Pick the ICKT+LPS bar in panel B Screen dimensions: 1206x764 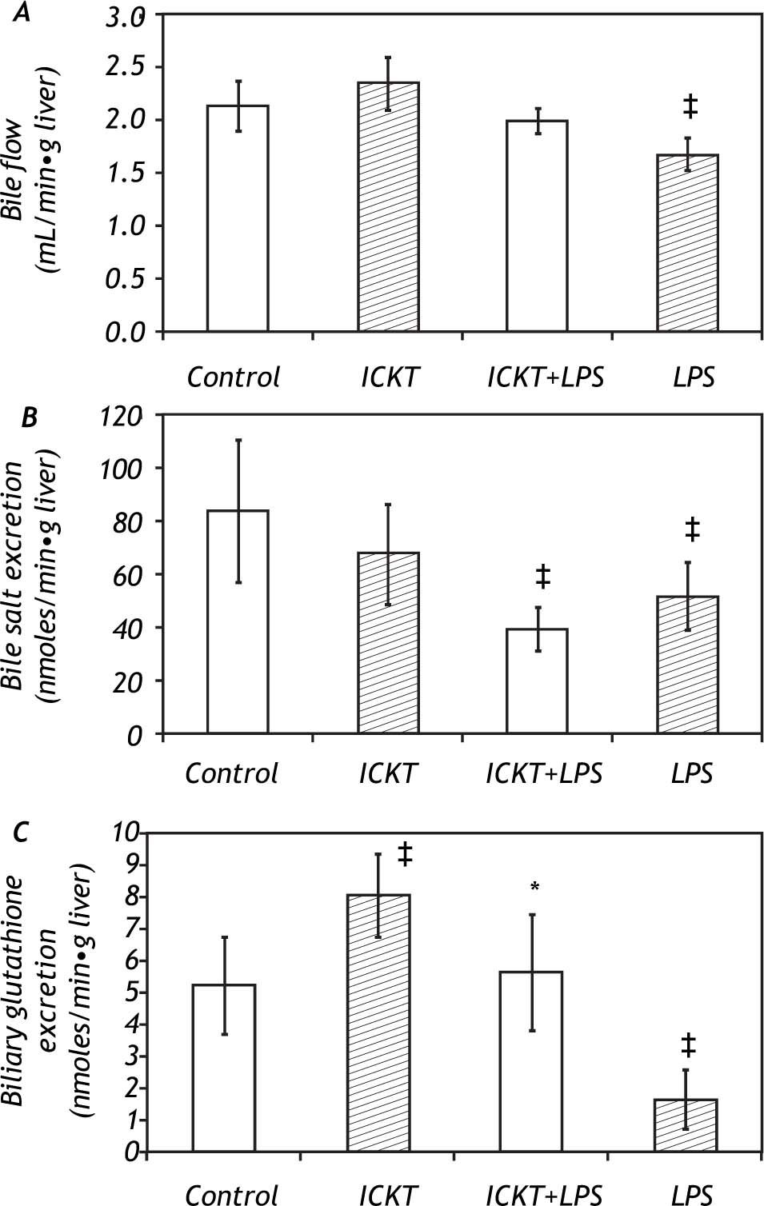pyautogui.click(x=538, y=681)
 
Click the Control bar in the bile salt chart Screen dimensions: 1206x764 pyautogui.click(x=238, y=621)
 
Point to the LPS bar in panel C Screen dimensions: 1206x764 pyautogui.click(x=686, y=1125)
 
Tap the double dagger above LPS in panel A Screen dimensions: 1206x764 pyautogui.click(x=690, y=106)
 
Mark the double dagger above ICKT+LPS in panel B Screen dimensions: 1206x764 pyautogui.click(x=542, y=576)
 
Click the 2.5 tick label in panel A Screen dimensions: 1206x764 pyautogui.click(x=125, y=67)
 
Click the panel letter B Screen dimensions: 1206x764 pyautogui.click(x=29, y=417)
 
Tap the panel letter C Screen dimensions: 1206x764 pyautogui.click(x=22, y=832)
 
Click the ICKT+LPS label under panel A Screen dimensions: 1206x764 pyautogui.click(x=546, y=377)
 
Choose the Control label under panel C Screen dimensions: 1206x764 pyautogui.click(x=232, y=1195)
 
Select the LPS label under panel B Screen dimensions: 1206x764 pyautogui.click(x=691, y=773)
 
